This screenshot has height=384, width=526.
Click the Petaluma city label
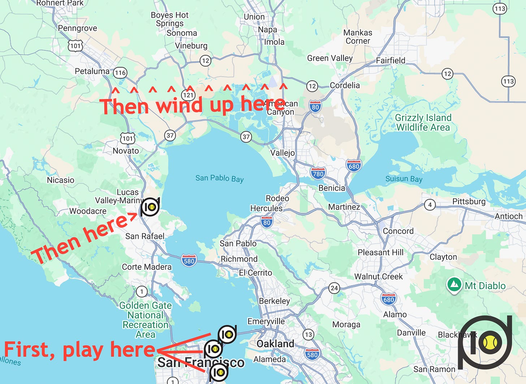coord(92,71)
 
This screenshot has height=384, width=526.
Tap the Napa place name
coord(267,30)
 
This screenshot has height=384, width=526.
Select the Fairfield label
coord(391,60)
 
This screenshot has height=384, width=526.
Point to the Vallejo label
coord(283,153)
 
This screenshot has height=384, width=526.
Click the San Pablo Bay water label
coord(219,178)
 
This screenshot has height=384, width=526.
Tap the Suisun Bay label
coord(404,179)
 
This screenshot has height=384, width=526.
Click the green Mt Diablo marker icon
coord(454,285)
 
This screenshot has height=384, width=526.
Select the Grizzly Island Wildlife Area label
coord(423,123)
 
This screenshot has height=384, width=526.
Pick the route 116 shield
coord(120,73)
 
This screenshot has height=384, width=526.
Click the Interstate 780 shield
coord(318,174)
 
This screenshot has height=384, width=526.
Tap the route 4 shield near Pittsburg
coord(430,205)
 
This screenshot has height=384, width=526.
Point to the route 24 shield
coord(334,288)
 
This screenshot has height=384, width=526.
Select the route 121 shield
coord(188,95)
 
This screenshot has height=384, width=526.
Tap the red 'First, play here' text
coord(79,350)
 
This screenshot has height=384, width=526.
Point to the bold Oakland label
coord(275,344)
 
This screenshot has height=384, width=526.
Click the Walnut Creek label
coord(378,277)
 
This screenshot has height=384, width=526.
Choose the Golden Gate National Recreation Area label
coord(145,320)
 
